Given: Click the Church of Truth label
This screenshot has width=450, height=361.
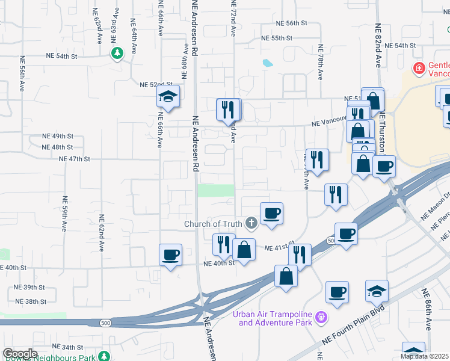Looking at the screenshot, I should pos(213,224).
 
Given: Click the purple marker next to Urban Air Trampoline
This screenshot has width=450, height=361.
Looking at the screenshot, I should pos(322,316).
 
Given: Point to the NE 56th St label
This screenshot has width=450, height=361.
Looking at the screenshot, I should pos(292,23).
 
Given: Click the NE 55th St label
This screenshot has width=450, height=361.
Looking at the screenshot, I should pos(277,38).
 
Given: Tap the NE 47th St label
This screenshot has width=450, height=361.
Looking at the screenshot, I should pos(75,159).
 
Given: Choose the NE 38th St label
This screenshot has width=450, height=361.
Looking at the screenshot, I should pos(31,301).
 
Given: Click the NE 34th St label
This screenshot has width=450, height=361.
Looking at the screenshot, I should pos(67,347).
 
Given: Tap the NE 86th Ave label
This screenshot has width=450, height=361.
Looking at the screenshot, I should pos(427,310).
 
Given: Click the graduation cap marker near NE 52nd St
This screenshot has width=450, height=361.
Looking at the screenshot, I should pos(168,96).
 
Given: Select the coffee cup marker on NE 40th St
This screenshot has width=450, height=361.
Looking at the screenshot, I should pos(170,255).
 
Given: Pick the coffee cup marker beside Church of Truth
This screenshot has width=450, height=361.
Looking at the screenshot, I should pos(271,213).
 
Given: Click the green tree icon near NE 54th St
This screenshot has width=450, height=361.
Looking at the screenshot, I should pos(117,53).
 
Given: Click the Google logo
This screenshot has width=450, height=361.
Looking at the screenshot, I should pos(20,353).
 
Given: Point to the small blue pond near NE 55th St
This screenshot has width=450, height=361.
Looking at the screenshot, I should pos(267,63).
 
